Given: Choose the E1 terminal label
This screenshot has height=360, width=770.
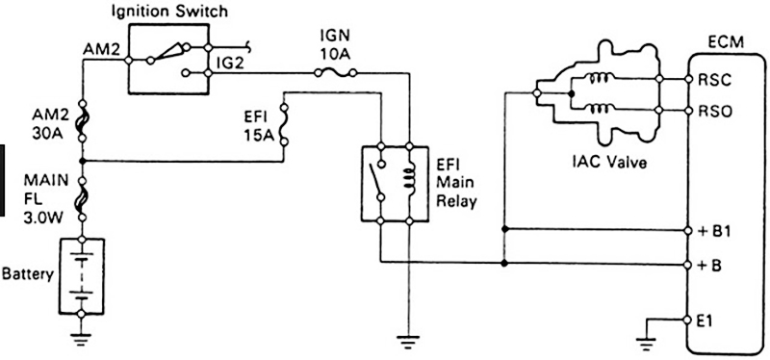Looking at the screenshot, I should pyautogui.click(x=707, y=319).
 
